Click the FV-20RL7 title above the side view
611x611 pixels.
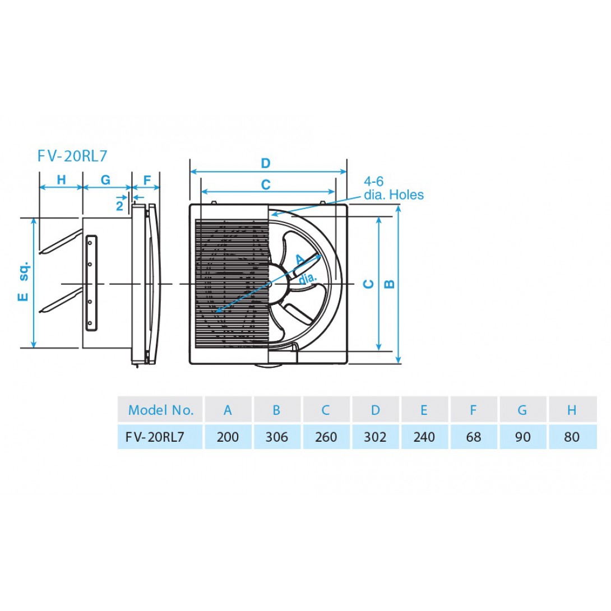point(72,156)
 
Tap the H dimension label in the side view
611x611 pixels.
point(61,179)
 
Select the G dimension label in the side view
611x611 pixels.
point(105,179)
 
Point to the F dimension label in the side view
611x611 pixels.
point(147,179)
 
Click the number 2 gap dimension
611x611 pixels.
point(119,206)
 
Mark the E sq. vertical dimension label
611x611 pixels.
point(24,281)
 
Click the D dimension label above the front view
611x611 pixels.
point(265,163)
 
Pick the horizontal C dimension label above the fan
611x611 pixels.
point(265,184)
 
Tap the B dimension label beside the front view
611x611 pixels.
point(389,284)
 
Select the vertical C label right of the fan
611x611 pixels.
point(368,284)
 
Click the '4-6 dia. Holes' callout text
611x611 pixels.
point(394,188)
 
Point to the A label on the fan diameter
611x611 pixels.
point(300,260)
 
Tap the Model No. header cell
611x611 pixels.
point(160,410)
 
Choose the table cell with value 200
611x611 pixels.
point(228,437)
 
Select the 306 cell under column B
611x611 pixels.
point(277,437)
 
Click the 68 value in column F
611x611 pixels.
point(474,437)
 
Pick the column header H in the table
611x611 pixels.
point(572,410)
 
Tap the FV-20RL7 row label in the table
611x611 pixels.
point(155,437)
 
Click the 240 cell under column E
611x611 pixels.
point(424,437)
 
